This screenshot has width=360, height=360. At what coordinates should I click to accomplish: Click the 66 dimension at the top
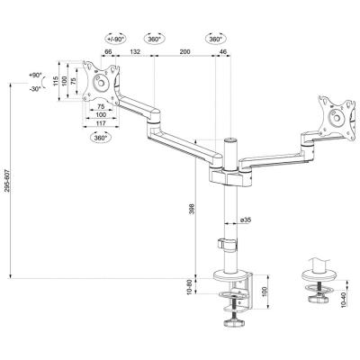[x=107, y=54]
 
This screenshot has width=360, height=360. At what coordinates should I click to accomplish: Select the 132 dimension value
[x=134, y=54]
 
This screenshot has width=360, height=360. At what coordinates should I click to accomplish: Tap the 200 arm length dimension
[x=184, y=54]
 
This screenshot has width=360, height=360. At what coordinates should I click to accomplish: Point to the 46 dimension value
[x=222, y=54]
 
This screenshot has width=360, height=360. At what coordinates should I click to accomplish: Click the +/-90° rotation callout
[x=116, y=40]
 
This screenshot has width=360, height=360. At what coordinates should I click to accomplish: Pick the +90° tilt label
[x=35, y=76]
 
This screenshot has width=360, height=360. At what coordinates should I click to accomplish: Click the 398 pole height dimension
[x=190, y=210]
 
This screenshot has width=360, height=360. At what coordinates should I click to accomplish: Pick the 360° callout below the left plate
[x=100, y=138]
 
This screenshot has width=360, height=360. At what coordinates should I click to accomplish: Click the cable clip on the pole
[x=226, y=243]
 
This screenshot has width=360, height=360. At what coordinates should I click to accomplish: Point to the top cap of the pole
[x=230, y=140]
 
